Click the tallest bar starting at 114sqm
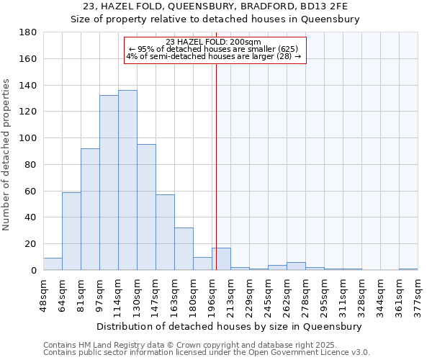(x=127, y=180)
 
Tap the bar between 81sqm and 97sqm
(x=90, y=209)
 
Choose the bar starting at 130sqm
(x=146, y=207)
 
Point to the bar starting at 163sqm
(x=184, y=248)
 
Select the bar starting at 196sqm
(x=221, y=259)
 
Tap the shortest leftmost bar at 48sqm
(x=53, y=264)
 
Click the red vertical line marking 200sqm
(x=216, y=166)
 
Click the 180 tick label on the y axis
(x=29, y=32)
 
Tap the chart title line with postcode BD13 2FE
(x=216, y=6)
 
